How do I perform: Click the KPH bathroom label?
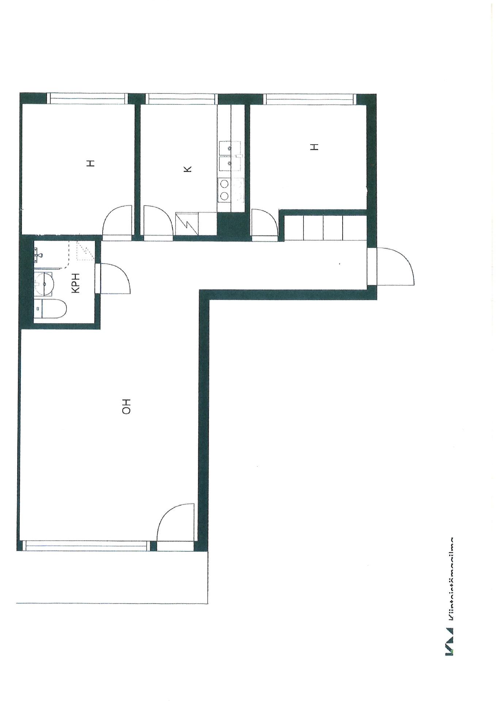(76, 283)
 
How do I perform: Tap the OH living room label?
(126, 406)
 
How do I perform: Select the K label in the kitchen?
(187, 169)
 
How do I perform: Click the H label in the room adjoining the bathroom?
(91, 163)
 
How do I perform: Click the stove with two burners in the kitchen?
(224, 189)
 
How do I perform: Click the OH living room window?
(86, 545)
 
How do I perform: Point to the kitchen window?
(181, 98)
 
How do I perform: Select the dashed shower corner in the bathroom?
(85, 251)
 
